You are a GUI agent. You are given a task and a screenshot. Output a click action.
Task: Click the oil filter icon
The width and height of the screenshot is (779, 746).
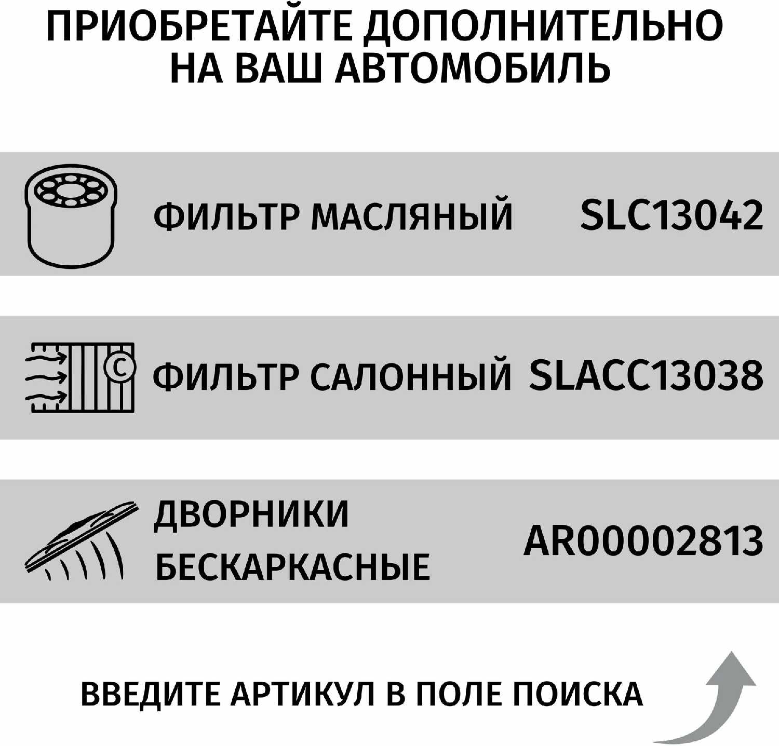coord(71,215)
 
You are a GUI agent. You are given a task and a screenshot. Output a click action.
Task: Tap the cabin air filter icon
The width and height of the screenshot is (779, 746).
coord(80,377)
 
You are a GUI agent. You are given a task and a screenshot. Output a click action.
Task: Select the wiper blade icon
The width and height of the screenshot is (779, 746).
coord(80,541)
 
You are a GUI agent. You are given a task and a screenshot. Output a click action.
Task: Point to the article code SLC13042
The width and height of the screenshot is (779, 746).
coord(671,215)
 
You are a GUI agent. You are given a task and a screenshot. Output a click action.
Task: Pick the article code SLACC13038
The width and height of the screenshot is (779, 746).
coord(646,375)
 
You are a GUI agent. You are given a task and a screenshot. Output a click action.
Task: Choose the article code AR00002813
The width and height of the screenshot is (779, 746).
coord(643,540)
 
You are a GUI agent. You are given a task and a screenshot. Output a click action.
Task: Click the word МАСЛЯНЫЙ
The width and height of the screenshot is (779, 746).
coord(411,216)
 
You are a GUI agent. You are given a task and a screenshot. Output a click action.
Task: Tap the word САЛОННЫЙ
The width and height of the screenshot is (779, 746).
coord(410,376)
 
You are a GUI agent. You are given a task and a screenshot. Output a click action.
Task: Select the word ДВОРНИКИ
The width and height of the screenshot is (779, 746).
coord(252,514)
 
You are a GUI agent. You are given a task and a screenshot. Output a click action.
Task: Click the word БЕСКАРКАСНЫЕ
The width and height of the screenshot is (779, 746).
coord(292,566)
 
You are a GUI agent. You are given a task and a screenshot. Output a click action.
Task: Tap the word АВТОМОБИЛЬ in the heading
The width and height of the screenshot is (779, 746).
coord(473,69)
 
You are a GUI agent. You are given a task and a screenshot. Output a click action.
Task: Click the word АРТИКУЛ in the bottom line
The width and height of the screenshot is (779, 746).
coord(303,694)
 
